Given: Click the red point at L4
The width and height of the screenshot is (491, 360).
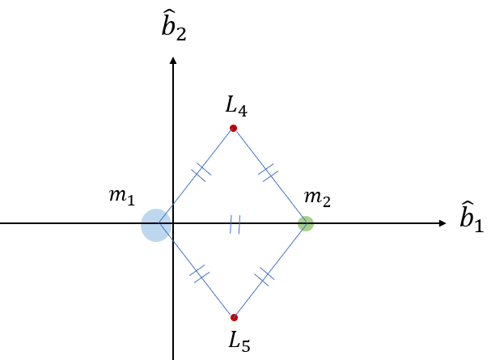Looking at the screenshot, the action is (233, 128).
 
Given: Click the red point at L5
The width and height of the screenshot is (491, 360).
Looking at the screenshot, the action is (234, 317).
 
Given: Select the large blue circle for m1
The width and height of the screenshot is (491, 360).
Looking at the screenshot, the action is (154, 225).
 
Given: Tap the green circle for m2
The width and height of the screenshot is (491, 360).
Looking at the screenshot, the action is (305, 223).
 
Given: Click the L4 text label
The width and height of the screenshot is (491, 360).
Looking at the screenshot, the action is (235, 105).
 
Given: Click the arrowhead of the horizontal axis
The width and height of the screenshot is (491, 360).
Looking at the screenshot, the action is (442, 223).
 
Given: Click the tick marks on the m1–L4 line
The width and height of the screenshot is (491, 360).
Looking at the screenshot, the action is (201, 171).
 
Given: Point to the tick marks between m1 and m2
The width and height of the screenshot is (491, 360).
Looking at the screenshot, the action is (235, 224).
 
